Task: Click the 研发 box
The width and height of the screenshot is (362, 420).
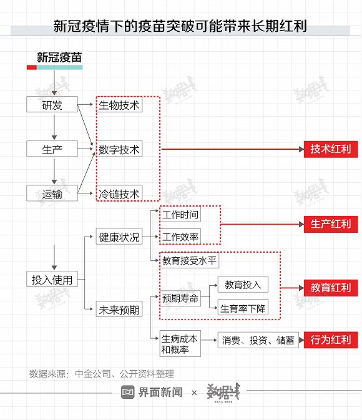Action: click(x=52, y=104)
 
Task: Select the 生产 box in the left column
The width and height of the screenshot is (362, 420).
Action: click(x=52, y=149)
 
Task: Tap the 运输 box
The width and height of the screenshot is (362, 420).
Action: click(x=52, y=193)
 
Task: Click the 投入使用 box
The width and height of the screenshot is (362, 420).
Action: click(x=52, y=279)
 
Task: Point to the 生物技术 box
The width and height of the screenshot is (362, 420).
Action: click(x=119, y=104)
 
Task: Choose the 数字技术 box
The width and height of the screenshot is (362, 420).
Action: click(x=119, y=149)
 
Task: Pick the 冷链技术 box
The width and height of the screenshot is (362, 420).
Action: click(x=119, y=193)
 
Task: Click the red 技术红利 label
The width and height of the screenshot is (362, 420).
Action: click(x=331, y=149)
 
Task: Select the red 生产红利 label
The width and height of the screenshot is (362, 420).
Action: click(x=331, y=224)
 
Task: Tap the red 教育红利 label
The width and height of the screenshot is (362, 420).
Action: click(x=331, y=288)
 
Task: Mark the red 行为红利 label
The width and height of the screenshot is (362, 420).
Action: click(x=331, y=340)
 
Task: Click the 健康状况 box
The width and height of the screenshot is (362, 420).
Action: click(x=119, y=237)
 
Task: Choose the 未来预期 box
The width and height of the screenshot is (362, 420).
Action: click(x=119, y=309)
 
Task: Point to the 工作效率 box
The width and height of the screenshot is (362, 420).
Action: click(x=180, y=237)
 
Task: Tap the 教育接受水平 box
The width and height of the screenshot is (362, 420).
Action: click(x=189, y=260)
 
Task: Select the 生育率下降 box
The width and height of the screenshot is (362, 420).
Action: click(x=243, y=307)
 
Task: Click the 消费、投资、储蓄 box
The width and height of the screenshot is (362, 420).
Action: click(x=258, y=340)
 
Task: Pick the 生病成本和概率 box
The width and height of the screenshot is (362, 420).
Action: click(x=180, y=344)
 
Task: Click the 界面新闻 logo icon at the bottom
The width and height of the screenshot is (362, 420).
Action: click(x=128, y=392)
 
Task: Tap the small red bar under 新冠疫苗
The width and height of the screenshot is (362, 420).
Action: click(x=32, y=67)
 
